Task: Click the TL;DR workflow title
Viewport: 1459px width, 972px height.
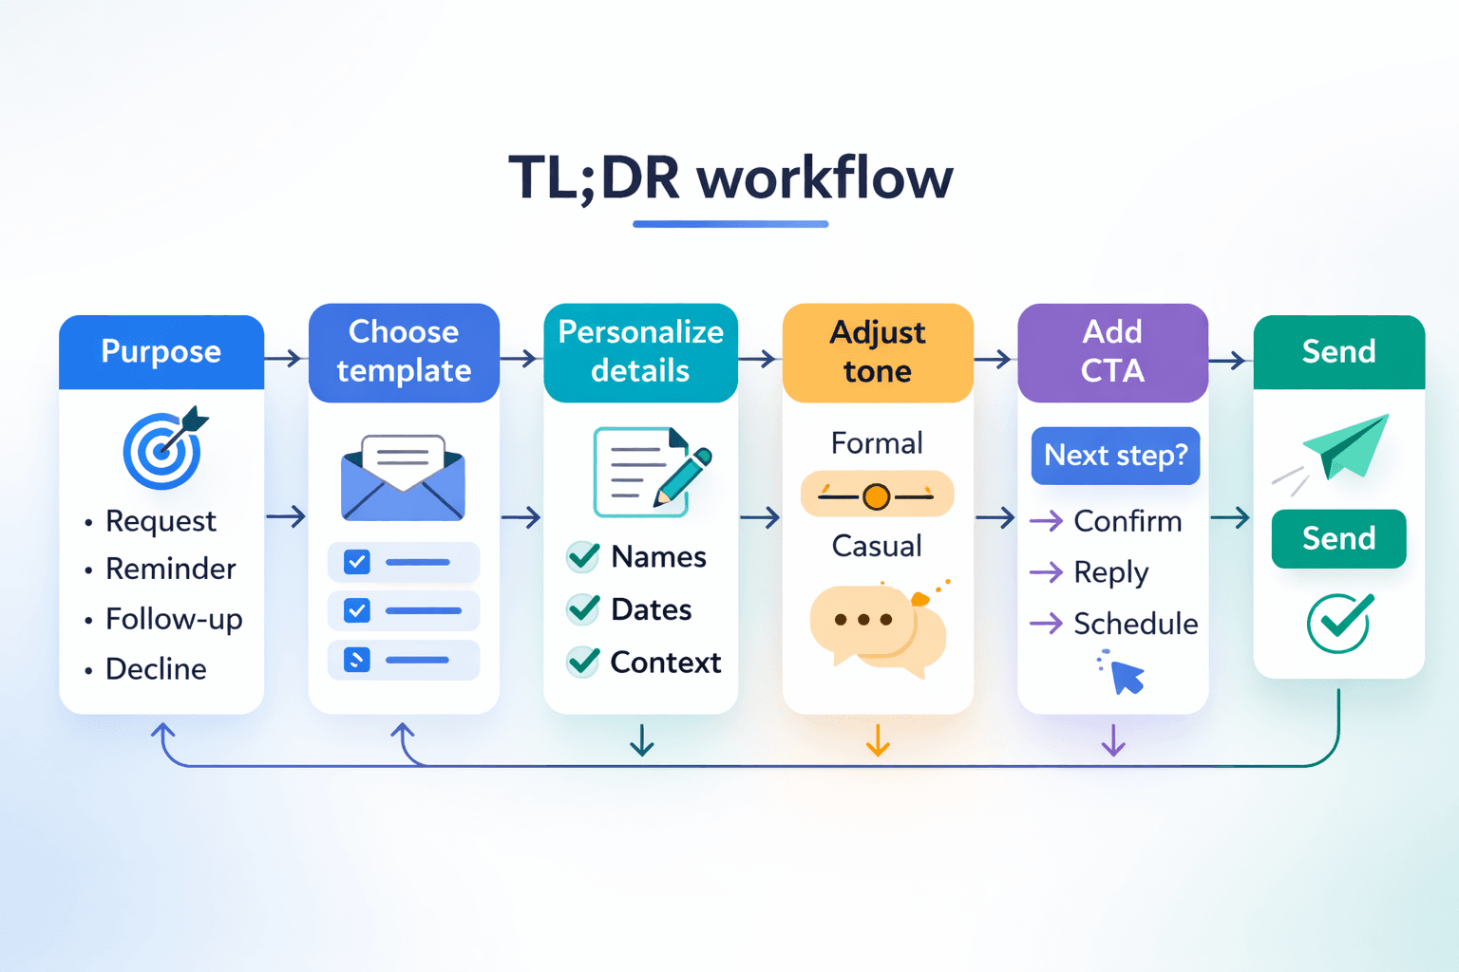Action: (x=729, y=178)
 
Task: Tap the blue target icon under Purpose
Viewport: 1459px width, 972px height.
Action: (x=163, y=450)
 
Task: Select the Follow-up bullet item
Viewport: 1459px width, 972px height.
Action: (x=174, y=619)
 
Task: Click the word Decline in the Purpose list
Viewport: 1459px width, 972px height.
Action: (x=156, y=669)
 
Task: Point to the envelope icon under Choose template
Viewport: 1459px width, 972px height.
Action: (x=403, y=478)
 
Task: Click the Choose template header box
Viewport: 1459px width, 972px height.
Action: (x=404, y=352)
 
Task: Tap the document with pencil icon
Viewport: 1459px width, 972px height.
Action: (x=650, y=473)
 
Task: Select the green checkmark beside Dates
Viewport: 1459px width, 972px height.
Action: (x=583, y=608)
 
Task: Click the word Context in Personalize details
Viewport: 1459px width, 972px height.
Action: (x=665, y=663)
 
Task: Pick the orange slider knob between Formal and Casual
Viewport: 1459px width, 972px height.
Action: (x=877, y=495)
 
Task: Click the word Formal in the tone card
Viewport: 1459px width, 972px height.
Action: (x=877, y=443)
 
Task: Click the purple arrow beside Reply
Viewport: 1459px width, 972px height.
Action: (x=1046, y=572)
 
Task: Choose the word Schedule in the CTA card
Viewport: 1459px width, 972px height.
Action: (x=1135, y=624)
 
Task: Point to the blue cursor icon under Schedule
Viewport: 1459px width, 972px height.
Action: (x=1126, y=676)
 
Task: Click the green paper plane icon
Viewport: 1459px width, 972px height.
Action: (x=1343, y=446)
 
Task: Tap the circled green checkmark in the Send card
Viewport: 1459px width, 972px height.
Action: (x=1338, y=623)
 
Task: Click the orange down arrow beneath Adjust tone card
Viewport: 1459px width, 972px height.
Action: (x=878, y=740)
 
